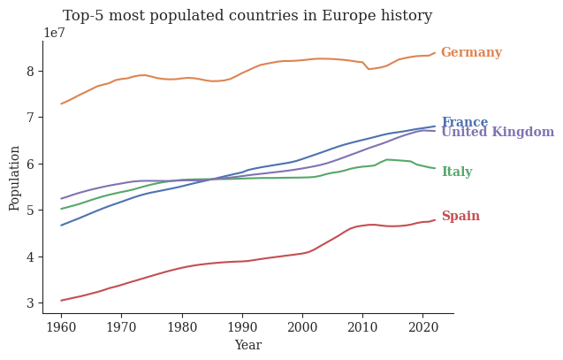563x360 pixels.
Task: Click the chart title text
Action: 247,16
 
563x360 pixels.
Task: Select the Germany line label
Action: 471,53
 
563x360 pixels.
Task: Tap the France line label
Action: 464,123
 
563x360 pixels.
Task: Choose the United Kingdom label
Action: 498,133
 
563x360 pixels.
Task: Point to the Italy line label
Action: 456,172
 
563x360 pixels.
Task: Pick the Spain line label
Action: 460,217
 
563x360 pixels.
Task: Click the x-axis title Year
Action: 247,346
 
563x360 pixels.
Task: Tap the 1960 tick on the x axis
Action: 61,326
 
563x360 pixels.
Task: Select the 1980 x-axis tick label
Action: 182,326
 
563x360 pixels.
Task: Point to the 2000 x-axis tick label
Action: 302,326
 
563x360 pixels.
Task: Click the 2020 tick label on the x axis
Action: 422,326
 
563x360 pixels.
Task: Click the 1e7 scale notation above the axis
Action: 53,33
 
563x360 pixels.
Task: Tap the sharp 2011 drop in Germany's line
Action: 369,69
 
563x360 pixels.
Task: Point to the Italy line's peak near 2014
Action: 387,159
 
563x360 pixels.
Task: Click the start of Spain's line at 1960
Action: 61,301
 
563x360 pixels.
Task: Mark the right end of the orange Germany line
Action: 435,52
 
